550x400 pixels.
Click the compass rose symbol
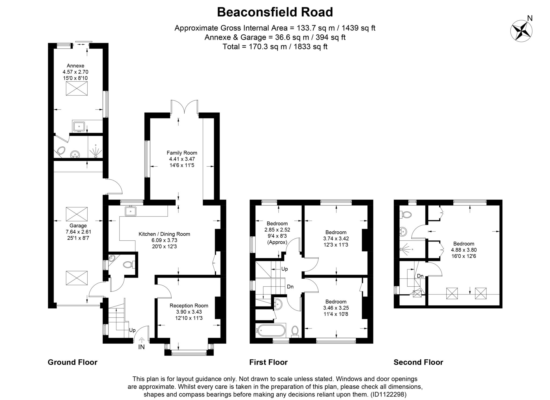point(521,31)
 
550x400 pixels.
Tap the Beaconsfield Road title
point(275,12)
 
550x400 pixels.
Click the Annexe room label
point(75,66)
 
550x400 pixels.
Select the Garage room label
point(78,226)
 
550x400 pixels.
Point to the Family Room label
point(182,153)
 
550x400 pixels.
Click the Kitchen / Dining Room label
point(164,234)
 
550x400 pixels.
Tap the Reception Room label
point(189,305)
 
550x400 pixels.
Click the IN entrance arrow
point(142,340)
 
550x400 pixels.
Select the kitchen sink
point(131,211)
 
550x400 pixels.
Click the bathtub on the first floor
point(271,330)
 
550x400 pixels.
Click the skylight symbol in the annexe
point(77,88)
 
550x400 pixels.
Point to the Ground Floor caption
point(73,362)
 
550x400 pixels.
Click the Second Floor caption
point(418,362)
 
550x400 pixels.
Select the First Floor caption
point(268,362)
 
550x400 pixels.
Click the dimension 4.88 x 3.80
point(464,250)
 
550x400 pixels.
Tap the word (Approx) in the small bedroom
point(277,242)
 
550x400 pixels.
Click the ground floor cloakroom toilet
point(128,265)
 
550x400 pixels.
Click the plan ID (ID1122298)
point(388,394)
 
